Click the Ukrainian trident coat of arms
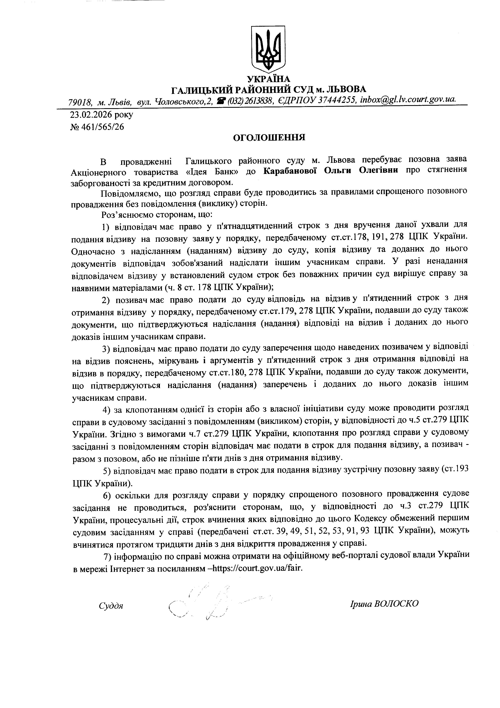pos(268,48)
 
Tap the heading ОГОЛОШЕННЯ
pos(269,138)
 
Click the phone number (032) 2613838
pos(250,100)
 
